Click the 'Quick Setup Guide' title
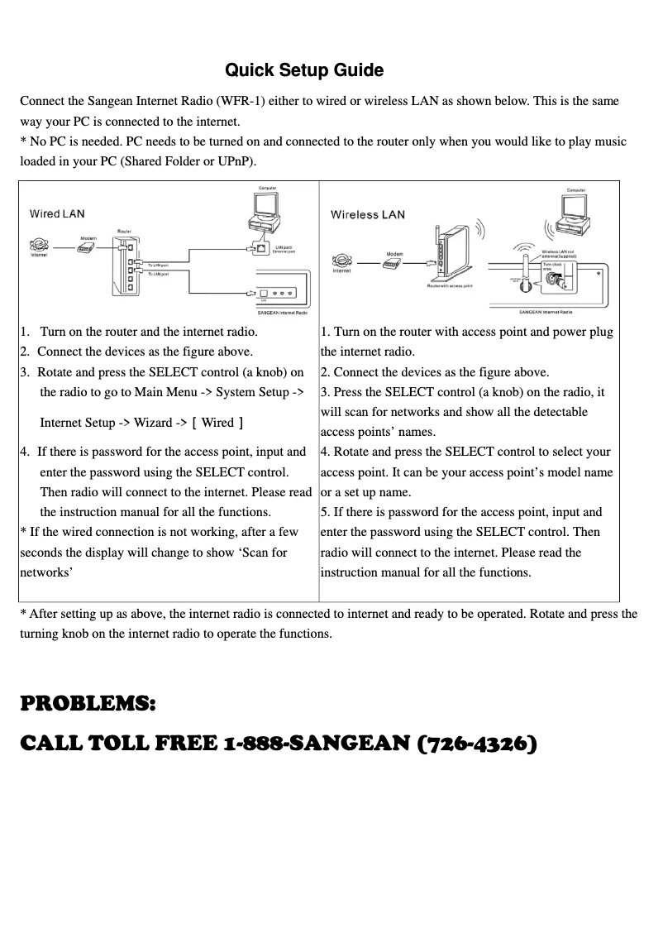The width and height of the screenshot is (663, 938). (x=304, y=70)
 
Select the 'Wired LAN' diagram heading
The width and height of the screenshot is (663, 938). (x=57, y=213)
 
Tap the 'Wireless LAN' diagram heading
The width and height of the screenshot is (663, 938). (x=368, y=215)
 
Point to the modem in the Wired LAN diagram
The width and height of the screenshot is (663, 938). (x=86, y=247)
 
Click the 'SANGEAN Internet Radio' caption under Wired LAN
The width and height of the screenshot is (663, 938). (x=282, y=313)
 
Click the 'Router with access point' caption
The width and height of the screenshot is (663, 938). (x=450, y=285)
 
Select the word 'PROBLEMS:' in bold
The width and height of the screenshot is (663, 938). (x=87, y=704)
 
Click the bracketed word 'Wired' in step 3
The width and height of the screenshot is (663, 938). (x=217, y=423)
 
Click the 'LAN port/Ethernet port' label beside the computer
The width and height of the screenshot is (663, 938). (x=286, y=248)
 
